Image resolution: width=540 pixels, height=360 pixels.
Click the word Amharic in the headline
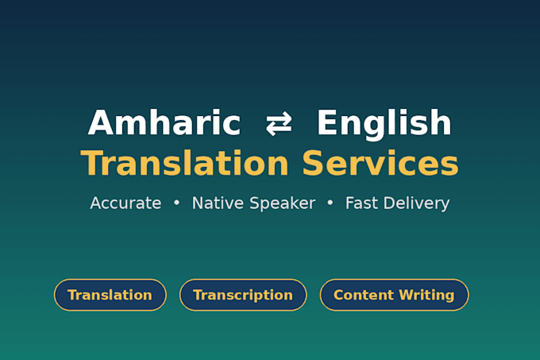tap(164, 122)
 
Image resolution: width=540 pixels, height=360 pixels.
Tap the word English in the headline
tap(384, 124)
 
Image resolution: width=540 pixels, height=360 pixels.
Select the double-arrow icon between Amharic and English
tap(279, 123)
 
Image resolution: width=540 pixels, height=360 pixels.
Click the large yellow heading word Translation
tap(184, 163)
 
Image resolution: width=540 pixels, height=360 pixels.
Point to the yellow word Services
tap(380, 163)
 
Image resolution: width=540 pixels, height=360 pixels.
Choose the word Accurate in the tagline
tap(125, 203)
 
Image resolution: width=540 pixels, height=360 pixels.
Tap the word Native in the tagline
tap(218, 203)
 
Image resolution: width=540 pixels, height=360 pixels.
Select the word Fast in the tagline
tap(361, 203)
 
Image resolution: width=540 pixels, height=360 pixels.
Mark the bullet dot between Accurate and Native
tap(176, 203)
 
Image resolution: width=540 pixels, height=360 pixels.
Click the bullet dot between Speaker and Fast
tap(330, 203)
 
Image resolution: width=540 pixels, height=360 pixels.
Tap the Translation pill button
tap(110, 295)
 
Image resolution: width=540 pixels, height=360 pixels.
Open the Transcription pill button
tap(243, 295)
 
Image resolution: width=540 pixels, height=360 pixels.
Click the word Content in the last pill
tap(364, 295)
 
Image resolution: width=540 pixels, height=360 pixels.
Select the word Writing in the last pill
tap(426, 296)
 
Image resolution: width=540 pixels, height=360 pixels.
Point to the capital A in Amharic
tap(100, 122)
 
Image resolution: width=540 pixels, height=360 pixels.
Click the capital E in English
tap(326, 122)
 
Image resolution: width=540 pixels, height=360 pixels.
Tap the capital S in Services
tap(314, 163)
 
